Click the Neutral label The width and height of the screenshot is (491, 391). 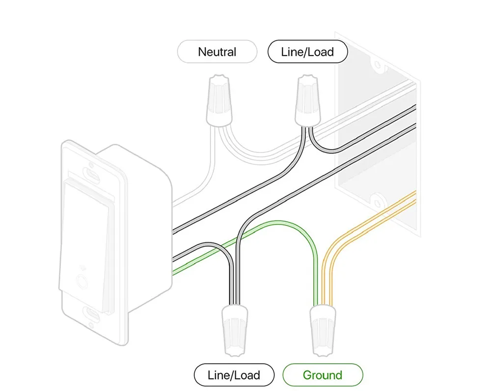click(x=217, y=52)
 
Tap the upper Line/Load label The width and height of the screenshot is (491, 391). click(x=307, y=52)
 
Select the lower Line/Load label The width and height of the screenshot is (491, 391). click(x=234, y=375)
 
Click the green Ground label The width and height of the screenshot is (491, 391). click(x=323, y=375)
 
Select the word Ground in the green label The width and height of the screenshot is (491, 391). click(x=323, y=375)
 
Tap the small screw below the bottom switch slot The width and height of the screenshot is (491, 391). click(x=91, y=324)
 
